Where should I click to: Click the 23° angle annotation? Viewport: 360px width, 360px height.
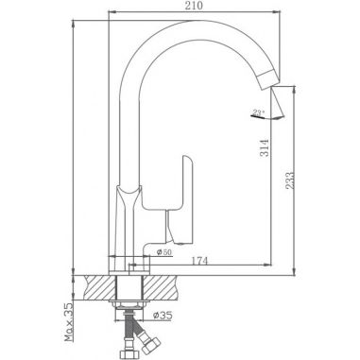[x=258, y=114]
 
